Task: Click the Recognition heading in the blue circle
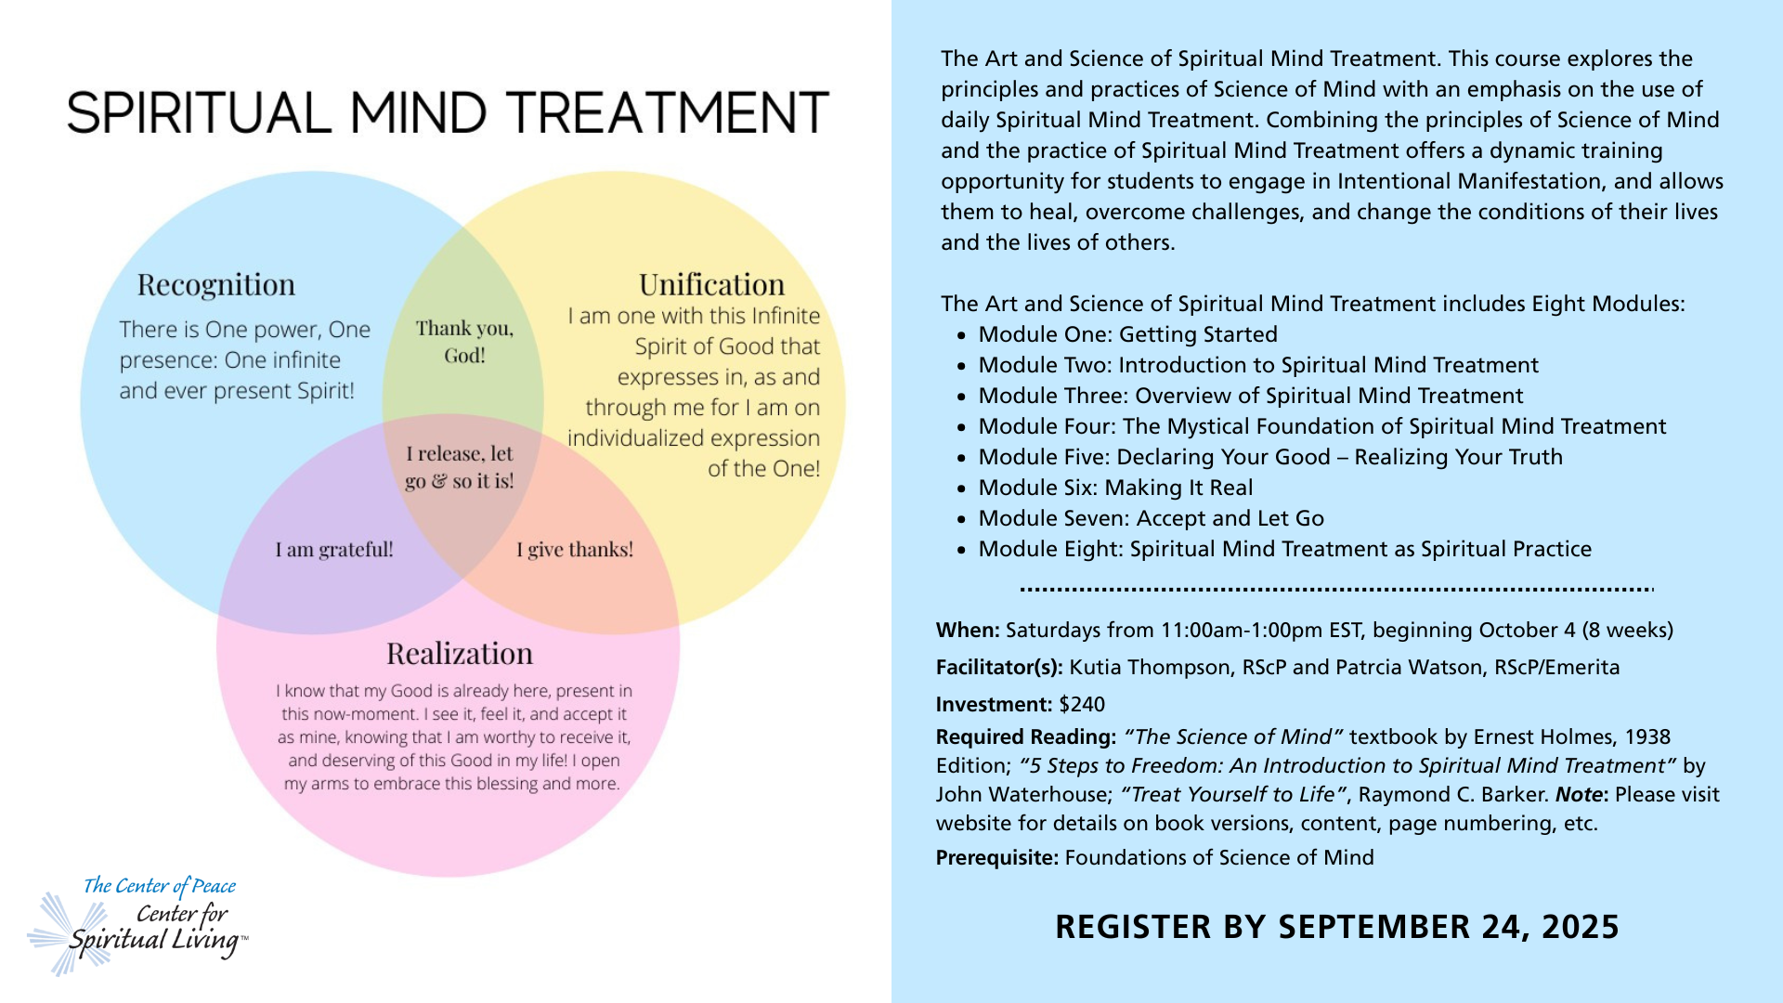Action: pyautogui.click(x=215, y=284)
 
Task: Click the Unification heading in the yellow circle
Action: pyautogui.click(x=711, y=284)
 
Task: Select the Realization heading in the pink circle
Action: pyautogui.click(x=460, y=654)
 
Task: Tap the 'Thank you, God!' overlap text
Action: pyautogui.click(x=464, y=342)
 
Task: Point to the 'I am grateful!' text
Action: pyautogui.click(x=334, y=550)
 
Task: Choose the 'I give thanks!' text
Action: pyautogui.click(x=575, y=550)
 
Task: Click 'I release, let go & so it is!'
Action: pyautogui.click(x=459, y=467)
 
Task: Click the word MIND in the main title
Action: pyautogui.click(x=418, y=112)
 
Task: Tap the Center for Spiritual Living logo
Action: pyautogui.click(x=139, y=924)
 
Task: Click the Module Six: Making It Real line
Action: pyautogui.click(x=1115, y=488)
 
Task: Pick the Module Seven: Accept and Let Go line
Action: pyautogui.click(x=1151, y=518)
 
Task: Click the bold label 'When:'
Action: pyautogui.click(x=967, y=630)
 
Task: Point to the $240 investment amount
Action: pyautogui.click(x=1082, y=704)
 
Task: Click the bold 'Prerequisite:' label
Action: pyautogui.click(x=996, y=857)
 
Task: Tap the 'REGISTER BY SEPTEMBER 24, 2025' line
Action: pyautogui.click(x=1336, y=927)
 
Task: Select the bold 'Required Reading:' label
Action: pyautogui.click(x=1025, y=736)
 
